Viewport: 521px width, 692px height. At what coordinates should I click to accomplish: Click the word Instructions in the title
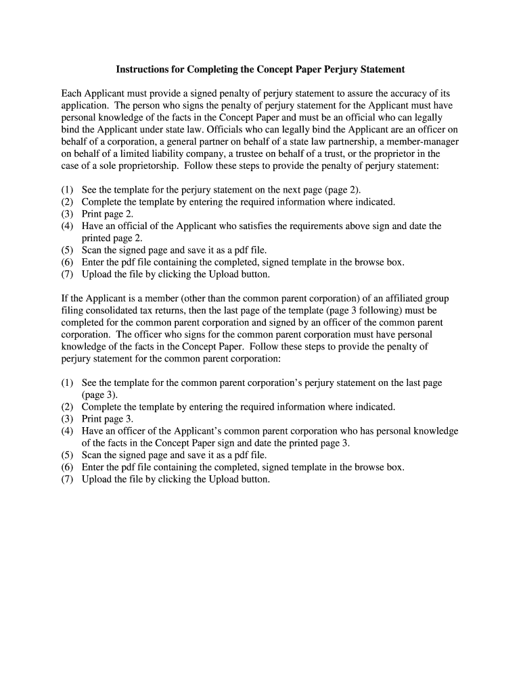pos(143,70)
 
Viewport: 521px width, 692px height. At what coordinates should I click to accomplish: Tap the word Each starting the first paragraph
pos(72,93)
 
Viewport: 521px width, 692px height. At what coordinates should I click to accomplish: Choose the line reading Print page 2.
pos(108,214)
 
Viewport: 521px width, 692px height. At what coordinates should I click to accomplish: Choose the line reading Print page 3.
pos(108,419)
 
